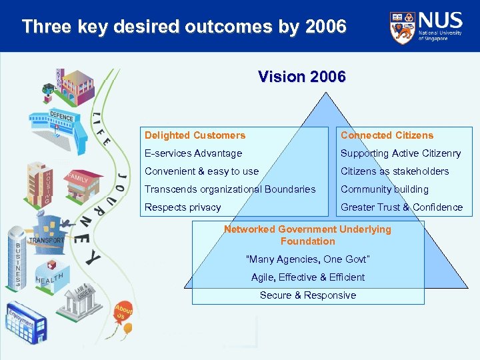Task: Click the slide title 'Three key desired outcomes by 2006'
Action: click(184, 27)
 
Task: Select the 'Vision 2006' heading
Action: click(301, 77)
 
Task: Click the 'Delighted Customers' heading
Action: click(195, 135)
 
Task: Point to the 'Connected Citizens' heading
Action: click(387, 135)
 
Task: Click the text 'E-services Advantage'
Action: click(193, 153)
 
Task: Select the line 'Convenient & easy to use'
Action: click(201, 171)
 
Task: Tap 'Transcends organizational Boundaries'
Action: click(230, 189)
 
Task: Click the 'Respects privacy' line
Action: click(183, 207)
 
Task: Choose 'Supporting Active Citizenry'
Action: click(401, 153)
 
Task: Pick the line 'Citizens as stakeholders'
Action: click(395, 171)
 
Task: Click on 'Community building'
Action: click(385, 189)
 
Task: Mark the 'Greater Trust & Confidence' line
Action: click(401, 207)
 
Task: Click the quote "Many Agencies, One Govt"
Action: click(307, 259)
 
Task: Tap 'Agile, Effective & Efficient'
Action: click(307, 277)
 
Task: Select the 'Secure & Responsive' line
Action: click(307, 295)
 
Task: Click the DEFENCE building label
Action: click(61, 118)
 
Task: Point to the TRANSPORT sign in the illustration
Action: click(46, 239)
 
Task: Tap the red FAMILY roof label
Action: click(77, 179)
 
